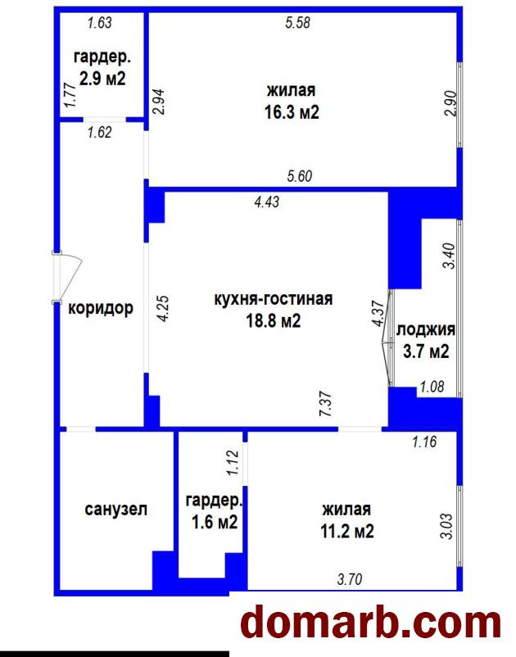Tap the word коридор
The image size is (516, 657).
(101, 309)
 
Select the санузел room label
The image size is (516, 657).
(116, 510)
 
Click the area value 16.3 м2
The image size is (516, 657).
(292, 112)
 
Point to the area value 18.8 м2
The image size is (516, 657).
(274, 321)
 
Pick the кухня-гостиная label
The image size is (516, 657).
(274, 299)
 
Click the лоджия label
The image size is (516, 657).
(426, 329)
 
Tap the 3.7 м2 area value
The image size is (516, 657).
(426, 351)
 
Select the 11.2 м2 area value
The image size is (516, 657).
(347, 532)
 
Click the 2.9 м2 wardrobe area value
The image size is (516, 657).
(102, 79)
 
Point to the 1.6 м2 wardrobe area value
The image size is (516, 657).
(215, 522)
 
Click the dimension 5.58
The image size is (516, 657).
(298, 22)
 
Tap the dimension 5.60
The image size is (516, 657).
(300, 176)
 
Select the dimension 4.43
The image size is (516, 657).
(266, 202)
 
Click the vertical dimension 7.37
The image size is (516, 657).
(325, 404)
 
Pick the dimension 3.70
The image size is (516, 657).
(349, 579)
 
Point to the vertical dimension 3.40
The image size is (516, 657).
(449, 256)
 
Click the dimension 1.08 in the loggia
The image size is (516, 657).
(432, 386)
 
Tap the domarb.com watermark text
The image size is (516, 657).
(371, 625)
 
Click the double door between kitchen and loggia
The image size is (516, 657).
(388, 338)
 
